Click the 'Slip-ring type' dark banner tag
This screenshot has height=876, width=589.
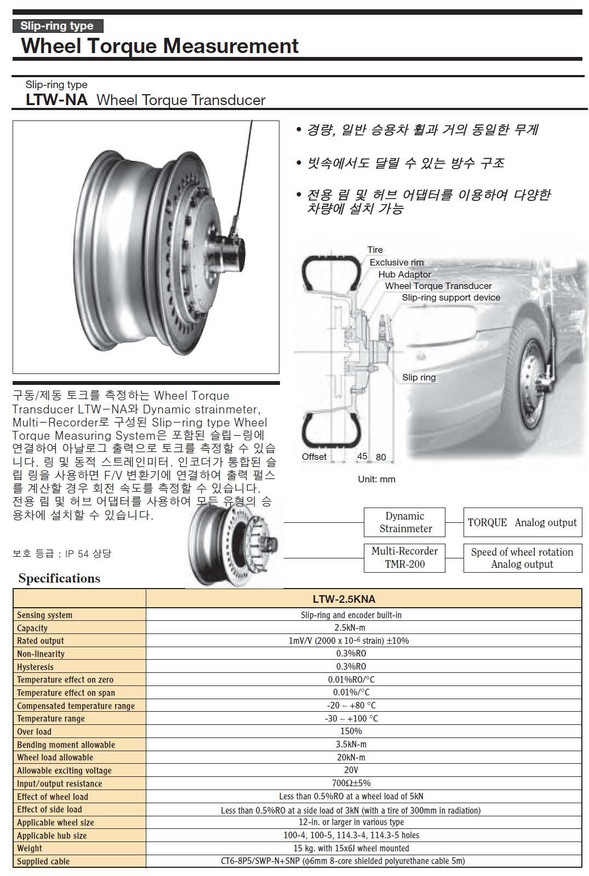click(x=57, y=26)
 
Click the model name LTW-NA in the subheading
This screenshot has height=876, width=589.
click(x=56, y=100)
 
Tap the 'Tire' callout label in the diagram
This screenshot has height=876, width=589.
click(x=375, y=250)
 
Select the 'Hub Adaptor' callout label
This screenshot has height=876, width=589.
click(x=404, y=274)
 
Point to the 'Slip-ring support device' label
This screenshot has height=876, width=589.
click(x=450, y=297)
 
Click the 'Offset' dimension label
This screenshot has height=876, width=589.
click(x=314, y=457)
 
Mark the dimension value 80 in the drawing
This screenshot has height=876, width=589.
click(x=381, y=457)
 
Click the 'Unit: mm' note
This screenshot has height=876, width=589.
click(x=376, y=479)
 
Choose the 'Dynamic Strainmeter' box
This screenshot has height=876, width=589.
click(x=405, y=522)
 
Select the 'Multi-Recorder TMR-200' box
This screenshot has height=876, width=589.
click(x=405, y=557)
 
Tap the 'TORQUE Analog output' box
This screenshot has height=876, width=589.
click(x=522, y=522)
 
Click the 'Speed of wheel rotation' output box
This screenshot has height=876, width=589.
click(x=522, y=558)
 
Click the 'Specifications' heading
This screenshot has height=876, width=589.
click(x=59, y=578)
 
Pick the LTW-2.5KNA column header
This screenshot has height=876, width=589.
click(x=344, y=599)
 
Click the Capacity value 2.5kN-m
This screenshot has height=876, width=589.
click(x=350, y=627)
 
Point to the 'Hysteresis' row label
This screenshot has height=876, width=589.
click(x=35, y=667)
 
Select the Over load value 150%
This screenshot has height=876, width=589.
click(x=351, y=731)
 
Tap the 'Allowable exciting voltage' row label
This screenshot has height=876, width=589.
click(x=64, y=770)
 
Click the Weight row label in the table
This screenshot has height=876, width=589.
click(x=30, y=848)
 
